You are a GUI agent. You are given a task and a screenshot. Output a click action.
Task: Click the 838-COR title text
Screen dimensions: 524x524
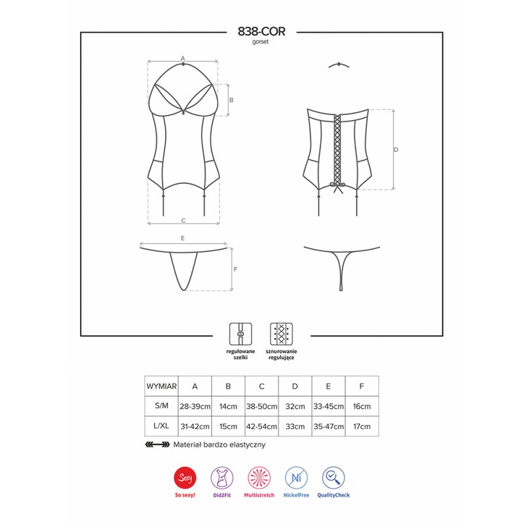(261, 31)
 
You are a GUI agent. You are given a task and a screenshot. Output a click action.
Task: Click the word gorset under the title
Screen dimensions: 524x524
(260, 42)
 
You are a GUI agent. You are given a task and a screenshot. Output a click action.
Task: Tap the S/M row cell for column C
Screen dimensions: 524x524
(261, 406)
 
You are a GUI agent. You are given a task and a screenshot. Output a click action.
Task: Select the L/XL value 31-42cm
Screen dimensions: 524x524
(195, 426)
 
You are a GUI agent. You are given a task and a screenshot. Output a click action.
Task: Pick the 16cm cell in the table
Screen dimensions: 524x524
(362, 406)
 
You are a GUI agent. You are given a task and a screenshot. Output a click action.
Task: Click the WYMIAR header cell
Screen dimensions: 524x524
(161, 386)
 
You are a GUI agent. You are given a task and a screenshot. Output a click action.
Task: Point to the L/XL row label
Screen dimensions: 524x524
(161, 426)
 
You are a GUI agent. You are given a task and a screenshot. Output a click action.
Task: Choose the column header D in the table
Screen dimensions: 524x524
(295, 386)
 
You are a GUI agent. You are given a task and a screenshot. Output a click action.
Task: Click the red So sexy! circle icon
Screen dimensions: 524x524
(185, 477)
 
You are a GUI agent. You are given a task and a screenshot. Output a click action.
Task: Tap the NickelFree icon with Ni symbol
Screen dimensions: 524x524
(296, 477)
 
